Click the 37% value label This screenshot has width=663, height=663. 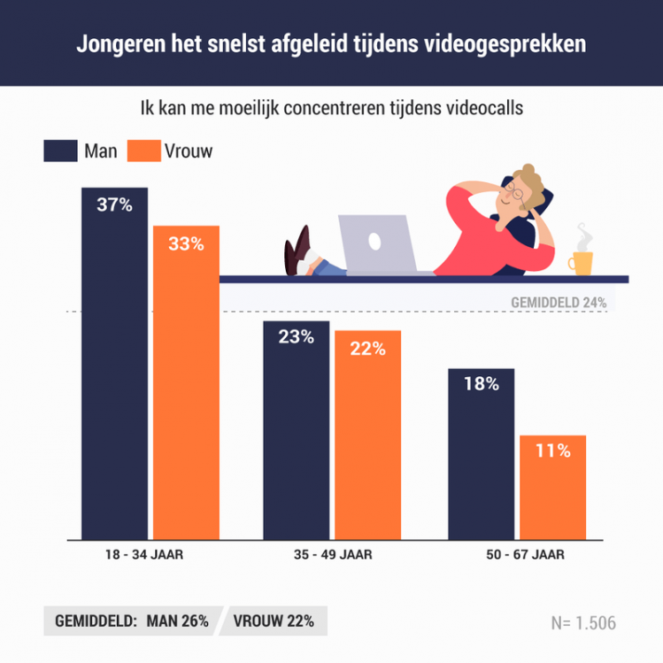pos(114,205)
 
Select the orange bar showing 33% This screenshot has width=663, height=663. pos(186,389)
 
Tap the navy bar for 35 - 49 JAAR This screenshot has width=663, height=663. pos(296,434)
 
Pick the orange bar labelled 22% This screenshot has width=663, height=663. pos(367,438)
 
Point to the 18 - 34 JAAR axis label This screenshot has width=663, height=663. pos(150,556)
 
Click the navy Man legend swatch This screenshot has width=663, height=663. pos(59,151)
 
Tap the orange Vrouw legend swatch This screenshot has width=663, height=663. pos(143,151)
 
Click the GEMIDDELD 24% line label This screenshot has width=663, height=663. pos(559,302)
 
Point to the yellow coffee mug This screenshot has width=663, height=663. pos(581,261)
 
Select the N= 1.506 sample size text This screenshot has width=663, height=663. pos(582,622)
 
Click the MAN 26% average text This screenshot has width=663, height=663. pos(179,621)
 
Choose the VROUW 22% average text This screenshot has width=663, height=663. pos(274,621)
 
